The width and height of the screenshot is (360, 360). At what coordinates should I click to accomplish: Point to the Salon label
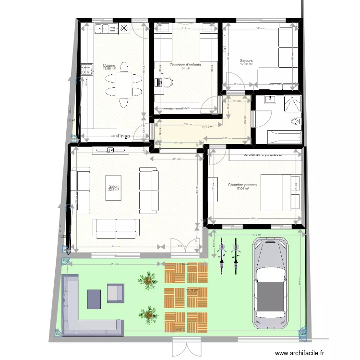coord(114,188)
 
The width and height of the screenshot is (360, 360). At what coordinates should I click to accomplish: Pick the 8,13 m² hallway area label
coord(208,127)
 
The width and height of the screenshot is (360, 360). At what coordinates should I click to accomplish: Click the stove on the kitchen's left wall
coord(87,70)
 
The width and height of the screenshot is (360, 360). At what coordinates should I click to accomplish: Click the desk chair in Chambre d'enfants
coord(167,82)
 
